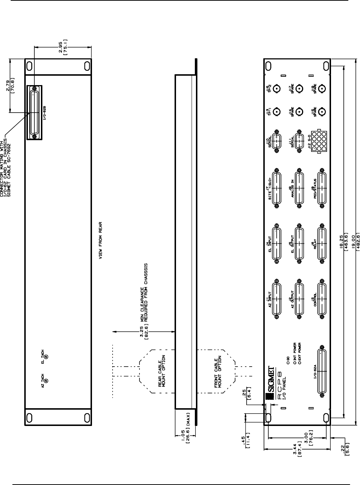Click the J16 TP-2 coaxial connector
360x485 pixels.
tap(277, 88)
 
